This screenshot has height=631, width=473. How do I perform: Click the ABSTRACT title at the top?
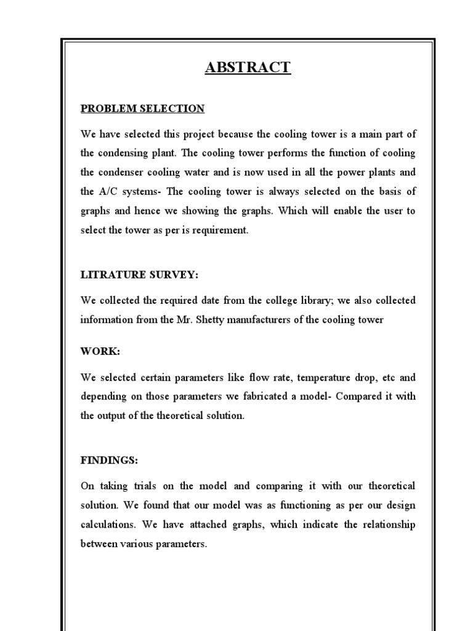point(248,67)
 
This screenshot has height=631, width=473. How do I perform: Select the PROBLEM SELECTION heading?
point(142,108)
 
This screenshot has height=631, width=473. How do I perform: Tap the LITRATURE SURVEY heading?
point(140,274)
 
